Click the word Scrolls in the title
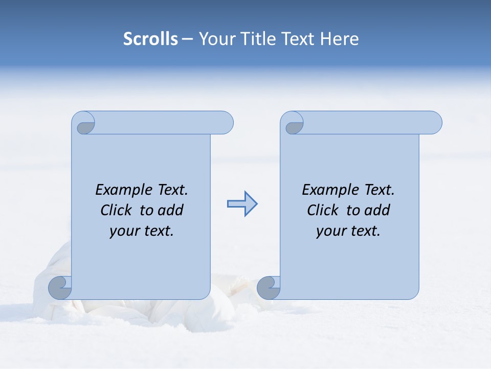150,39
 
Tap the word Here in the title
339,39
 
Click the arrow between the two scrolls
242,203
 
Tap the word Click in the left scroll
116,210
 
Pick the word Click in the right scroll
323,210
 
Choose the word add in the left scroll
170,210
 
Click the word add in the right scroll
377,210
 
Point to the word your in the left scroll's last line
124,231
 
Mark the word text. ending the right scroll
364,231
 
